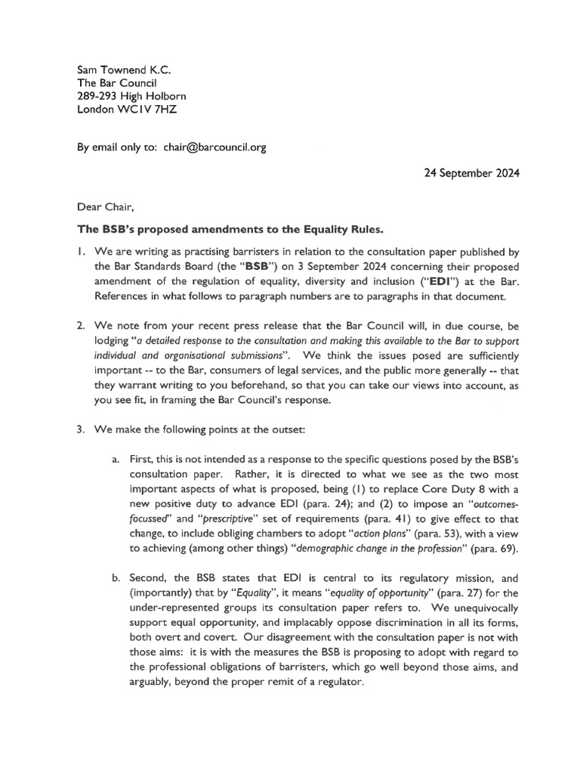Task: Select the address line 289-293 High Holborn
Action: pos(131,96)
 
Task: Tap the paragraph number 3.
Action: pos(82,429)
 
